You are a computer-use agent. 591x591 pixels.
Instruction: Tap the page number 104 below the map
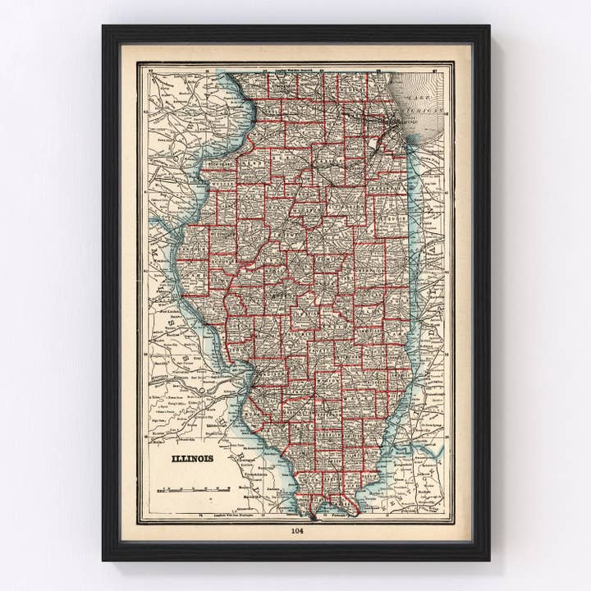pyautogui.click(x=296, y=530)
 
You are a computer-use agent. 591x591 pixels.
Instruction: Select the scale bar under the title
pyautogui.click(x=192, y=488)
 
